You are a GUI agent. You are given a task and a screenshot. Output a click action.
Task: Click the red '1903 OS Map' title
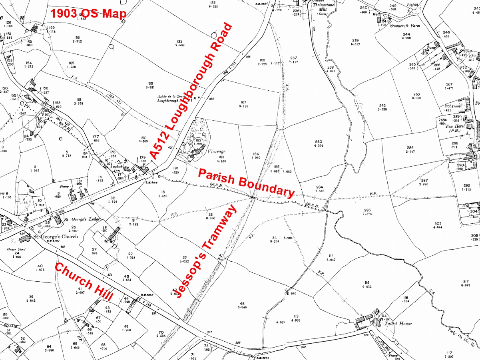tap(88, 14)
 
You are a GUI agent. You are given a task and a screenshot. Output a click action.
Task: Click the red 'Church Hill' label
tap(84, 282)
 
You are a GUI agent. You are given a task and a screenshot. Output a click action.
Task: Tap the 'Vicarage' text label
tap(217, 152)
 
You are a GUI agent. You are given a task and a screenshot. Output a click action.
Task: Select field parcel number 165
tap(150, 82)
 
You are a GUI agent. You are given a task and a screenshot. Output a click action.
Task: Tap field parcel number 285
tap(367, 210)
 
